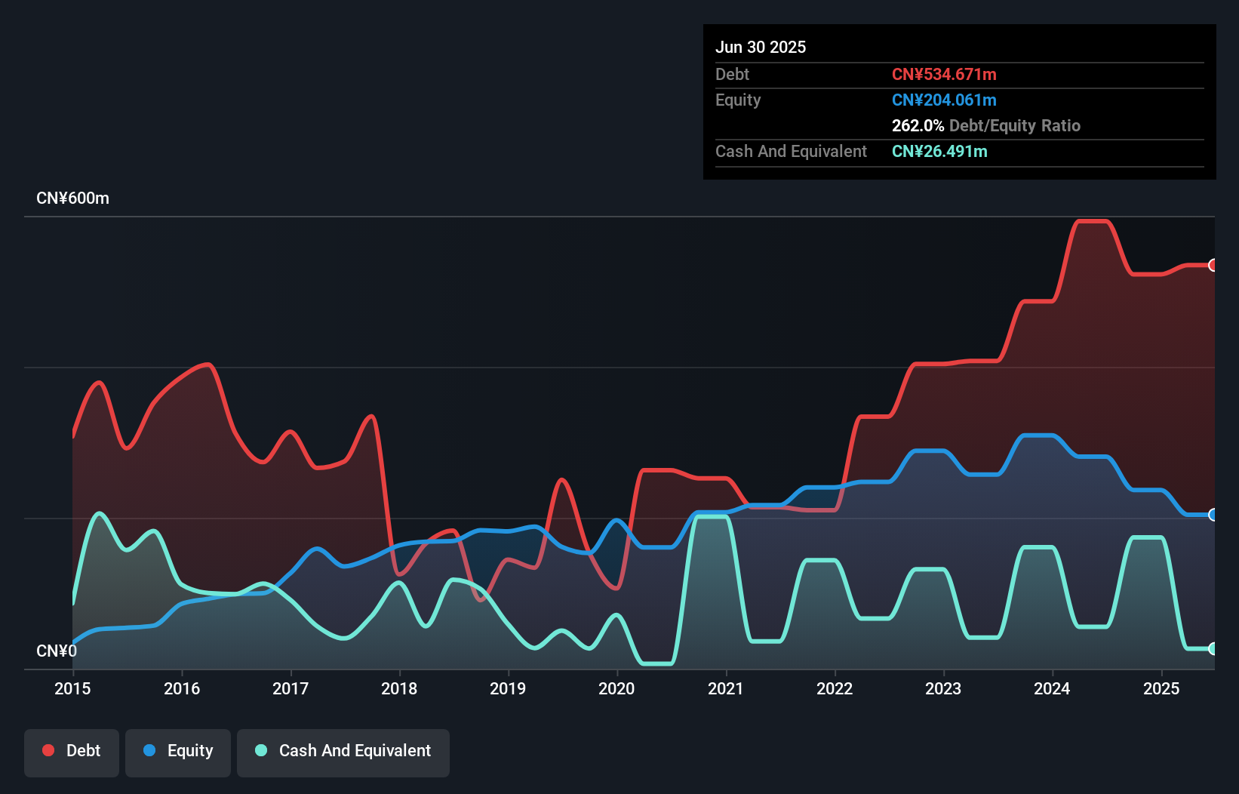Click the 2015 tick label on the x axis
pos(72,688)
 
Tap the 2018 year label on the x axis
pos(399,688)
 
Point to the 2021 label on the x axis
pos(725,688)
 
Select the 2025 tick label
pos(1161,688)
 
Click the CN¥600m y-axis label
pos(72,198)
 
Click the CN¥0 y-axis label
pos(57,651)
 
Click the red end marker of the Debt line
pos(1213,265)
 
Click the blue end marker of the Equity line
pos(1213,515)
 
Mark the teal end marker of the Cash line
pos(1213,648)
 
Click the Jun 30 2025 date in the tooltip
pos(761,47)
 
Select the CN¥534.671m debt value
pos(944,74)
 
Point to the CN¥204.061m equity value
pos(944,100)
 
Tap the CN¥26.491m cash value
pos(939,151)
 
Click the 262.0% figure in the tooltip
pos(918,125)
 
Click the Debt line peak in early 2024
pos(1092,221)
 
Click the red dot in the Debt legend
pos(48,750)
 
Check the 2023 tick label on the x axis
pos(943,688)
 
